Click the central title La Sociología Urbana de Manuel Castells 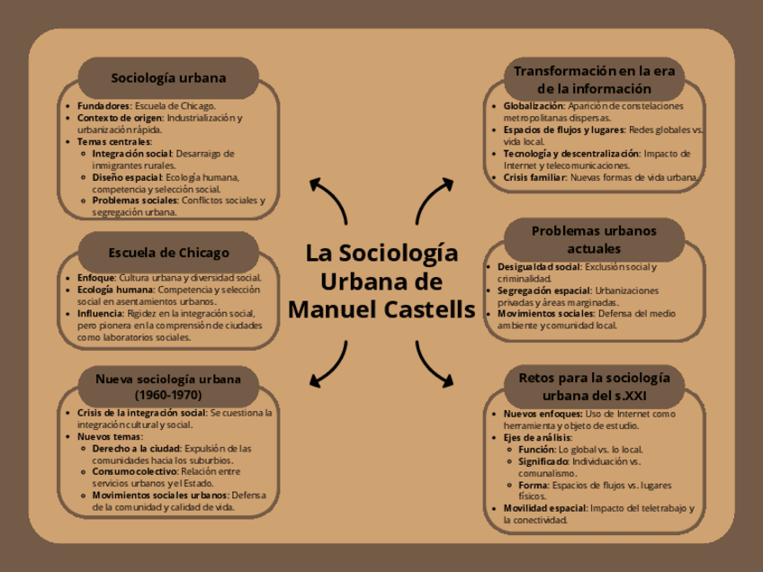[x=381, y=281]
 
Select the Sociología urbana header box [x=168, y=78]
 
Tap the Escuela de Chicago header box [x=168, y=252]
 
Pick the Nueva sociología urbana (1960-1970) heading [x=168, y=387]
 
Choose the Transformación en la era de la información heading [x=594, y=80]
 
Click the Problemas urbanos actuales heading [x=594, y=239]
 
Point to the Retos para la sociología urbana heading [x=594, y=387]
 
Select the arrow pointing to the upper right [x=435, y=200]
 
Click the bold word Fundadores [x=103, y=106]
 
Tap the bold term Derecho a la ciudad [x=136, y=448]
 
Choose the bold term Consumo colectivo [x=134, y=471]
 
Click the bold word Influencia [x=100, y=314]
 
